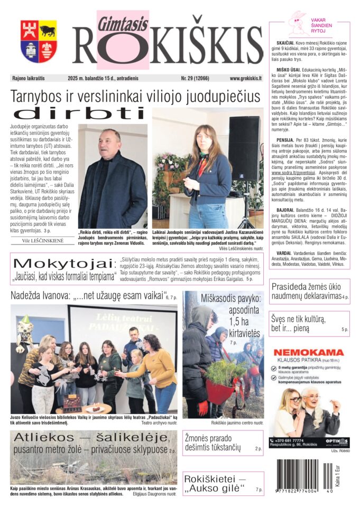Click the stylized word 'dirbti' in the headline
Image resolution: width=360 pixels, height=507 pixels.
[79, 113]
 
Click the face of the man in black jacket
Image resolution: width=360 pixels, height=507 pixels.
[111, 141]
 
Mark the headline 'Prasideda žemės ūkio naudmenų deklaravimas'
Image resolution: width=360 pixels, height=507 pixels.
[305, 293]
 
